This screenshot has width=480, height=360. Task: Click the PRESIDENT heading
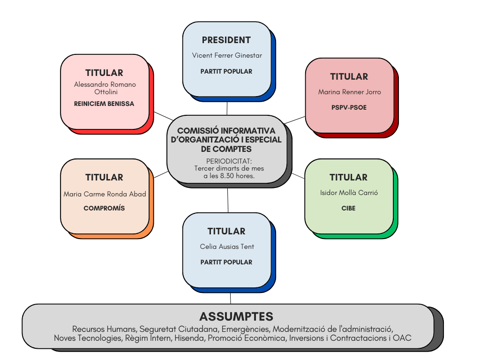point(226,40)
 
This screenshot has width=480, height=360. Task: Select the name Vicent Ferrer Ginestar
point(227,55)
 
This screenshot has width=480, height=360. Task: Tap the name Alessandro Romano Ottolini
point(105,88)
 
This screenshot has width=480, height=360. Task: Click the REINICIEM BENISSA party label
point(104,104)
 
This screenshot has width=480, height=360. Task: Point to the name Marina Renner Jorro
point(350,92)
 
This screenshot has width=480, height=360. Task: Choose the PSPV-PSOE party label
point(349,107)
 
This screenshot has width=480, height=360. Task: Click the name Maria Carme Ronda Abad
point(105,194)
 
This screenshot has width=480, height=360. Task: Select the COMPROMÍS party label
point(104,208)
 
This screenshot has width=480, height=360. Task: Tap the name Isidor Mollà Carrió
point(349,193)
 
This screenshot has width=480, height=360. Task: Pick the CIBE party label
point(348,208)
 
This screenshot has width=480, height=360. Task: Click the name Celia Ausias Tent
point(227,247)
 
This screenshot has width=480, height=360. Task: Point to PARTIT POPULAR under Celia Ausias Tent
point(226,262)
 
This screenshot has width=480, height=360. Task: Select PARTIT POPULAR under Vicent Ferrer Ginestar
point(226,71)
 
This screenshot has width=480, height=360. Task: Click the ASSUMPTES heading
point(236,316)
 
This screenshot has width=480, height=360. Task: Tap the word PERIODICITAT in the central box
point(229,161)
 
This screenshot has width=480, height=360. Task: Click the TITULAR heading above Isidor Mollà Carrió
point(348,178)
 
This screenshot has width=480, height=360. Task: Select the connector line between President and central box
point(227,108)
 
